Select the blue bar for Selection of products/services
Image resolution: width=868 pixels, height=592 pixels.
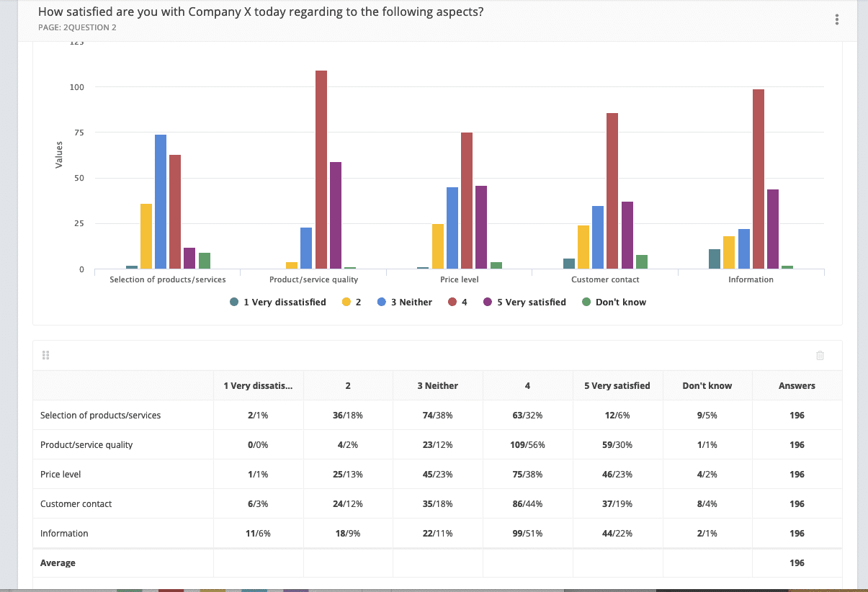pos(161,202)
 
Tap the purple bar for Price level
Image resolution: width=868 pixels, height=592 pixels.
pos(481,228)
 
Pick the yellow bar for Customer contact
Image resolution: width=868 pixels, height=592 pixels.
pos(583,248)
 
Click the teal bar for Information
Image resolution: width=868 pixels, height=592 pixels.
pos(715,259)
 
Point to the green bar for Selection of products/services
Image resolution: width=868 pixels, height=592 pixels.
pos(205,261)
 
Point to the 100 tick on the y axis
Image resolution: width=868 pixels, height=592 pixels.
pos(77,87)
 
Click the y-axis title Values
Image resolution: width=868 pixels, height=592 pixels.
pos(59,155)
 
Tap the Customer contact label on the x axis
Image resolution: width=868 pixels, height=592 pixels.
pos(605,279)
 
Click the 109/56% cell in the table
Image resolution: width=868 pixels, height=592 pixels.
pos(527,445)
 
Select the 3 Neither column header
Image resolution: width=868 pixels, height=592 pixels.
pos(437,386)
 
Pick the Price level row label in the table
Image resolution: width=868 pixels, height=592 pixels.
pos(61,475)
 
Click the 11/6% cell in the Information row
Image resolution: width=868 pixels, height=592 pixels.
pos(258,534)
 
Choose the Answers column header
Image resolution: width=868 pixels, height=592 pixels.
pos(797,386)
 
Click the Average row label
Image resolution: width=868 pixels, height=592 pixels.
pos(58,563)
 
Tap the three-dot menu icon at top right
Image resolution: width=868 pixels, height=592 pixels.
pos(837,20)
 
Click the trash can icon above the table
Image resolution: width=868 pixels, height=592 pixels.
pos(820,355)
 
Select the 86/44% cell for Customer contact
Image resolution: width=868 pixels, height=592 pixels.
pos(527,504)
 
